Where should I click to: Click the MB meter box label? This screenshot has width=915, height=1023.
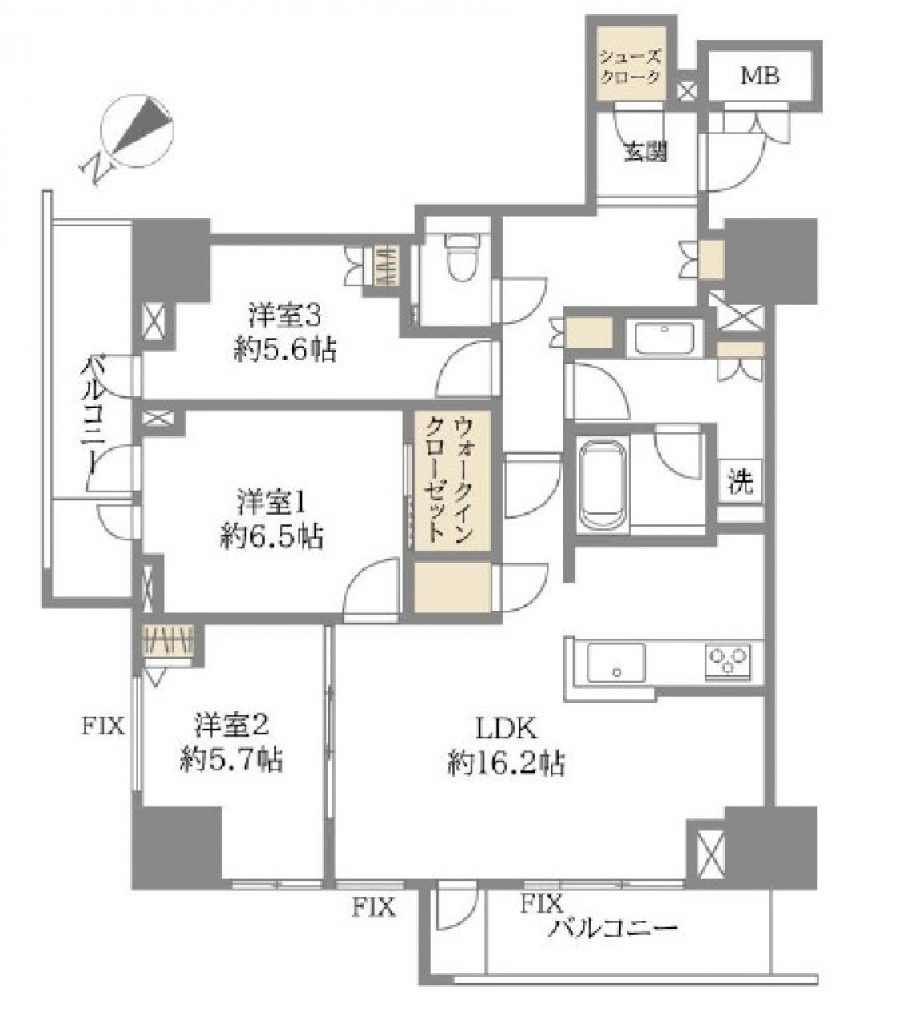point(760,76)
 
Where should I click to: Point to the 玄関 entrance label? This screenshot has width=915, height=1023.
point(646,152)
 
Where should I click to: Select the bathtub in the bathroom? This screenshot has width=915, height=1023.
point(603,485)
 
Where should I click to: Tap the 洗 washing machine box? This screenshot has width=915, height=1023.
point(741,481)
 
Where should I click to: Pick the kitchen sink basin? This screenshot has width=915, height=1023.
point(617,662)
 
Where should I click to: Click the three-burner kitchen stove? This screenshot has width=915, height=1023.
point(728,661)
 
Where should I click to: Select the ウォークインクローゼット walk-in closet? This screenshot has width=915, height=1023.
point(452,480)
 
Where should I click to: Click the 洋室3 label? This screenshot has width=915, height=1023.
point(285,316)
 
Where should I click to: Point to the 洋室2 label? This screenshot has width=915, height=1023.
point(233,726)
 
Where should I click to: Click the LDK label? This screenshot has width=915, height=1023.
point(505,729)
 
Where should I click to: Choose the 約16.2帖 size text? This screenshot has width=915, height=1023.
point(506,764)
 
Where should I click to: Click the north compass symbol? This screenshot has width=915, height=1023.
point(137,130)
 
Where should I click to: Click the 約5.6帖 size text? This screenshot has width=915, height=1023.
point(285,349)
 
